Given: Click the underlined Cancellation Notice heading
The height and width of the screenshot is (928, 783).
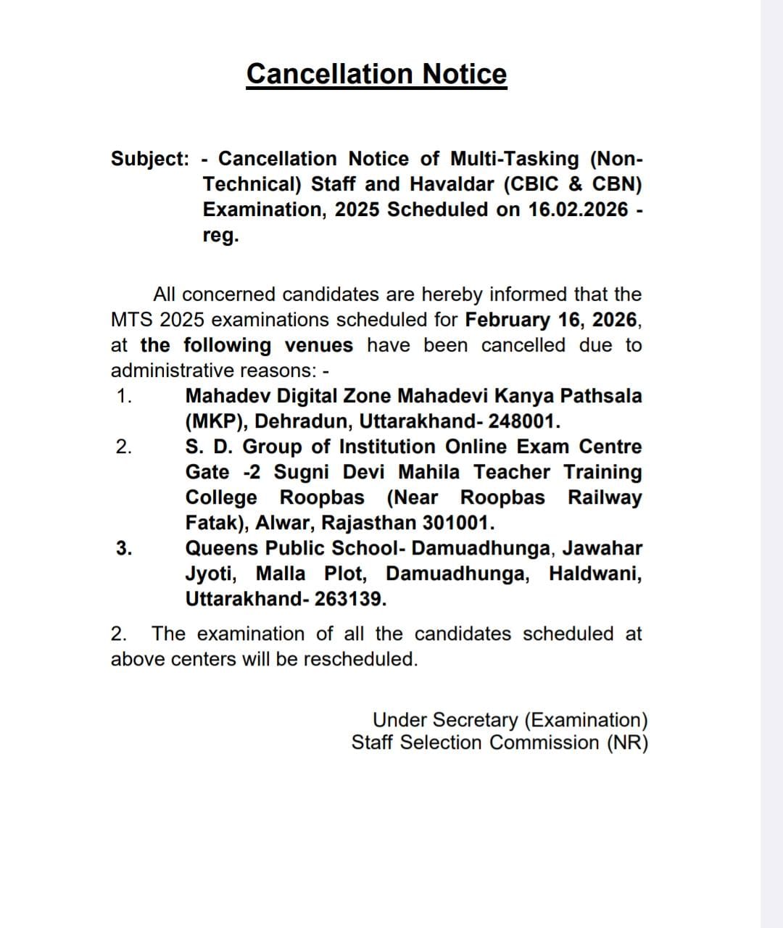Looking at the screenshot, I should click(376, 74).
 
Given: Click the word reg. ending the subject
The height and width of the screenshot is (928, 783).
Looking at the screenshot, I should click(220, 236).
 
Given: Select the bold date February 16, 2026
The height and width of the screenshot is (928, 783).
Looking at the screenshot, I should click(552, 320).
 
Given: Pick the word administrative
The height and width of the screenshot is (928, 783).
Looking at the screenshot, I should click(169, 370).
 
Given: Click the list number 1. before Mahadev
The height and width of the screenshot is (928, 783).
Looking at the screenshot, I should click(124, 396).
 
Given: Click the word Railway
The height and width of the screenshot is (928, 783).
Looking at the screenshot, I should click(605, 497).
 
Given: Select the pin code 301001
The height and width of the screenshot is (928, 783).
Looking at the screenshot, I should click(458, 523).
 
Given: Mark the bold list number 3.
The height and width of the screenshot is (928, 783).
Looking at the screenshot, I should click(124, 548).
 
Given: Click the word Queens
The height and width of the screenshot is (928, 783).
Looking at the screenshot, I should click(220, 548).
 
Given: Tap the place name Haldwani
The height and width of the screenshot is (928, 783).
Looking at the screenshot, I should click(594, 573).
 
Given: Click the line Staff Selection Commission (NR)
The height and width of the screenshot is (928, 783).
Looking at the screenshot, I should click(500, 742).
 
